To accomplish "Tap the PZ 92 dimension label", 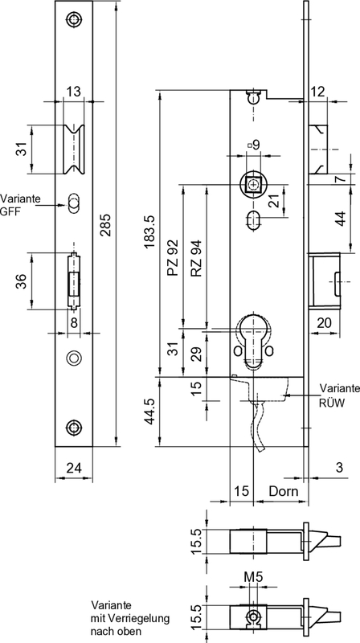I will click(x=171, y=257).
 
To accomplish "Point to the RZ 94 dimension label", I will click(x=195, y=257).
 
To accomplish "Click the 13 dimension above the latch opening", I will click(x=73, y=92).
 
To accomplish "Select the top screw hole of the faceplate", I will click(x=74, y=19).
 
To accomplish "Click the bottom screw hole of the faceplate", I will click(x=74, y=428).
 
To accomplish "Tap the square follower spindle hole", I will click(x=254, y=184).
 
